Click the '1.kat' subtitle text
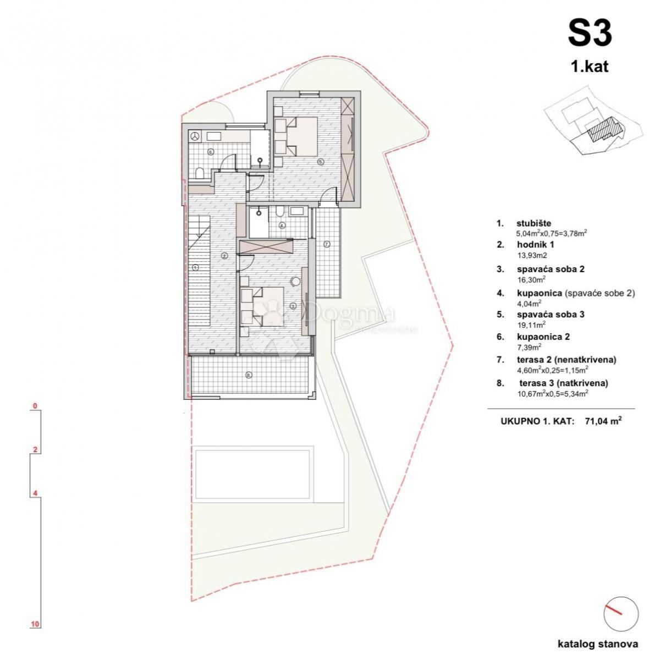(x=590, y=67)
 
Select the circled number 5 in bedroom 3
(x=320, y=162)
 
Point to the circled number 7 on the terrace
(x=326, y=244)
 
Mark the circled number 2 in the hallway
(x=224, y=256)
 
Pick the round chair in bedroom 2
(x=296, y=280)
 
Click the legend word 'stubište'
(x=534, y=223)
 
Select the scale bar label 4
(x=35, y=493)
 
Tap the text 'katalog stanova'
(x=597, y=643)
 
